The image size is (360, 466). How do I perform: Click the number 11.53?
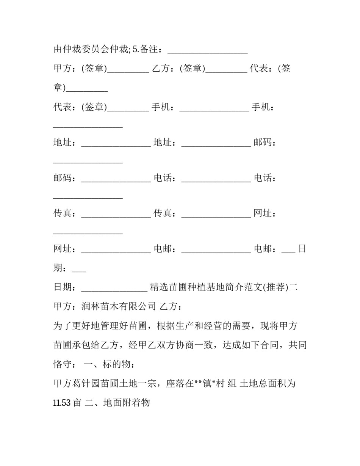62,402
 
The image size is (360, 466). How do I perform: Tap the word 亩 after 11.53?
77,402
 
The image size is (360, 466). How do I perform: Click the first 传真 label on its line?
63,213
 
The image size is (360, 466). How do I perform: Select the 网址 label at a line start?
63,249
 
